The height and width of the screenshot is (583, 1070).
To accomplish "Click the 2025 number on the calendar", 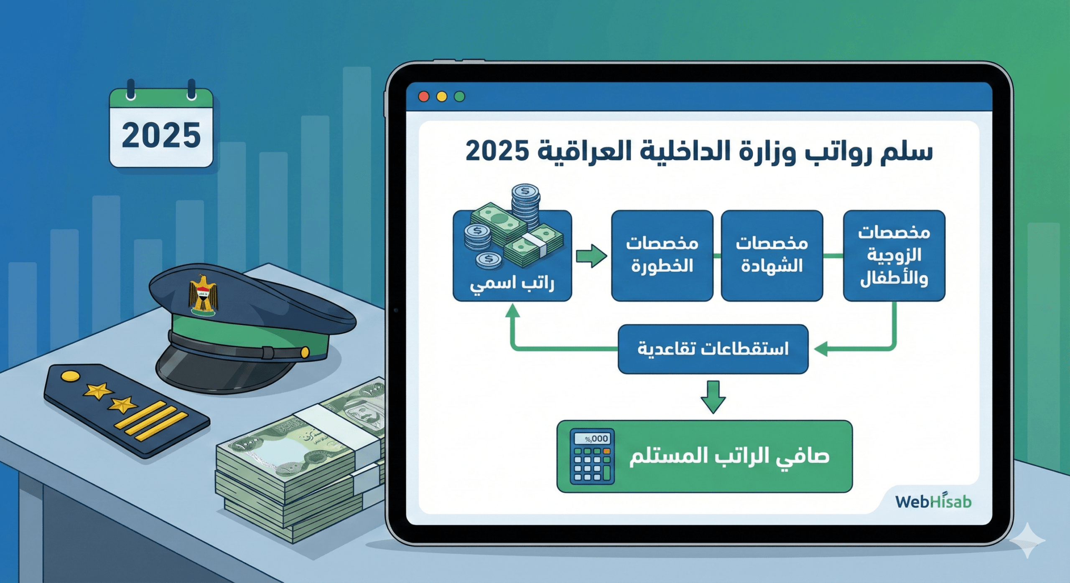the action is [161, 135].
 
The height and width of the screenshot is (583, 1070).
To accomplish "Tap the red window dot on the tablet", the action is [423, 96].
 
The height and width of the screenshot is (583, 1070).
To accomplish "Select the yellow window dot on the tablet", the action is [441, 96].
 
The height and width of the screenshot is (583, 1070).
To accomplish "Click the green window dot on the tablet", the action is [459, 96].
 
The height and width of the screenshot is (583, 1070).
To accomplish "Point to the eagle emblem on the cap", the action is [203, 295].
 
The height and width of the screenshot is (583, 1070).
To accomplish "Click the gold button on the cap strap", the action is [305, 352].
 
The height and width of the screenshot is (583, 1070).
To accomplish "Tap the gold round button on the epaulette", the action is [70, 376].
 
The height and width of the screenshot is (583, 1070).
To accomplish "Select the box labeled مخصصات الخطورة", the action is [662, 256].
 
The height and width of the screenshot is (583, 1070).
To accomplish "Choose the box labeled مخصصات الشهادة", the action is [772, 256].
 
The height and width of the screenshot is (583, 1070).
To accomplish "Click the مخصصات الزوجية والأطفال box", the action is [894, 256].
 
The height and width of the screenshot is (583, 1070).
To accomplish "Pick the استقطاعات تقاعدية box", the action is [713, 349].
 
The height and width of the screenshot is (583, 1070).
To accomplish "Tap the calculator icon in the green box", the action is [592, 456].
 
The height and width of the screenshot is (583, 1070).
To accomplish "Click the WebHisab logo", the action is [933, 501].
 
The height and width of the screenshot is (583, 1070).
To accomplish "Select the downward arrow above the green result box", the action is [713, 397].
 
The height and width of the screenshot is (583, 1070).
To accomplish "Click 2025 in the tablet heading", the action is [497, 151].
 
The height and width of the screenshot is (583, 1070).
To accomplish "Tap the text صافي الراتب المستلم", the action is [729, 456].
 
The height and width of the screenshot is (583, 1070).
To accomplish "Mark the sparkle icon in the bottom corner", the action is [1028, 540].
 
